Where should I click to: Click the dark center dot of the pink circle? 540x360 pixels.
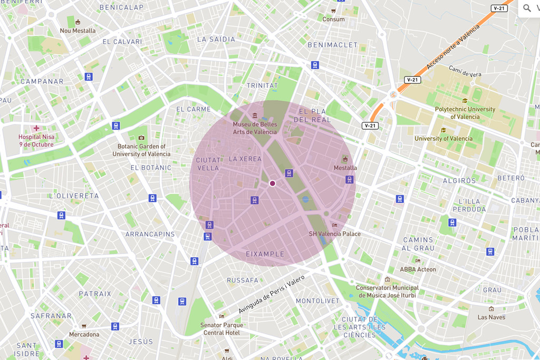273,183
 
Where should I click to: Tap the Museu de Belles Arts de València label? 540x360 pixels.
255,128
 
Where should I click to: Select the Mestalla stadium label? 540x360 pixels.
345,168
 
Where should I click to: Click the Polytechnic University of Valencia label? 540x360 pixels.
465,113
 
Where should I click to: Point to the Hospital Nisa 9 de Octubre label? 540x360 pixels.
36,140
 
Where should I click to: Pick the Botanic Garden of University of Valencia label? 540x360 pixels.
141,150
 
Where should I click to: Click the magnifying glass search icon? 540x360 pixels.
527,8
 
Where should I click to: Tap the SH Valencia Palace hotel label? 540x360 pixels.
335,233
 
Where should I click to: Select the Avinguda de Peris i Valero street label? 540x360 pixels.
272,294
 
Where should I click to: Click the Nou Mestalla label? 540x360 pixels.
78,31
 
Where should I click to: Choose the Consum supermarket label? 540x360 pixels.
333,19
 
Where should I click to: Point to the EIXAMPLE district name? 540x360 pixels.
265,254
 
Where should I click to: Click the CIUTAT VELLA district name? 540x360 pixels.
208,164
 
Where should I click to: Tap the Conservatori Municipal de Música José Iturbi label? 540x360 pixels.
387,291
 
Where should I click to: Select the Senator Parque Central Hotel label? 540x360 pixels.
221,329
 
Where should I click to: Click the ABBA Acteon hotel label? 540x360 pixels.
418,269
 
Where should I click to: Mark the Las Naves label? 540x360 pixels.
491,317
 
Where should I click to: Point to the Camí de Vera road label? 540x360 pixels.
465,71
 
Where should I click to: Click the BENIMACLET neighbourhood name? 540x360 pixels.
332,45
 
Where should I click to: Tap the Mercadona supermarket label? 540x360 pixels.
84,334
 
